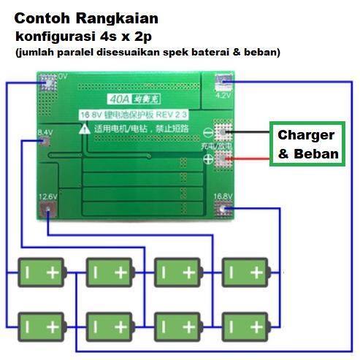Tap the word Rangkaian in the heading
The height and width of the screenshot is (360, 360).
click(116, 18)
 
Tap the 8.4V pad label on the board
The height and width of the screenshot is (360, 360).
click(45, 131)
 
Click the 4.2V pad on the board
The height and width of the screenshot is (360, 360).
click(222, 84)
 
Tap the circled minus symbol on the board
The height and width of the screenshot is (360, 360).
click(209, 134)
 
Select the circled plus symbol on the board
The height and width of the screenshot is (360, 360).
click(209, 157)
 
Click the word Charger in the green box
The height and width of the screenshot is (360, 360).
click(305, 135)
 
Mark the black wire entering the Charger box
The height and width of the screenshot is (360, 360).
click(252, 132)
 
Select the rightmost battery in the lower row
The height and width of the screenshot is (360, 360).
click(245, 323)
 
